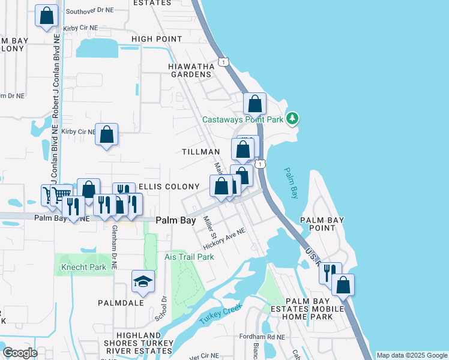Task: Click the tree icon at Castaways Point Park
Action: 292,118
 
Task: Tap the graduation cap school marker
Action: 143,281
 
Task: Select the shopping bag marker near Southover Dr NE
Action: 46,16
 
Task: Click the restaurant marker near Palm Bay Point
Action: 330,273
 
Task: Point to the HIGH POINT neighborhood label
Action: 157,39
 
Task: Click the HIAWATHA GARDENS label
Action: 191,70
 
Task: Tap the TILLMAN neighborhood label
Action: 199,152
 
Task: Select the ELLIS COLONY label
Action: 169,187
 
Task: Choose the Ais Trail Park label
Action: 189,257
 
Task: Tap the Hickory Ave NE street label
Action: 225,239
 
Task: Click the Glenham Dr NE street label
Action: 113,242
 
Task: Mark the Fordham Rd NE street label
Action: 259,337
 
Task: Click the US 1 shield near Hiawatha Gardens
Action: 223,62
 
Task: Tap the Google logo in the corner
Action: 20,353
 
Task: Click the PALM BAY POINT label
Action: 322,224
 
